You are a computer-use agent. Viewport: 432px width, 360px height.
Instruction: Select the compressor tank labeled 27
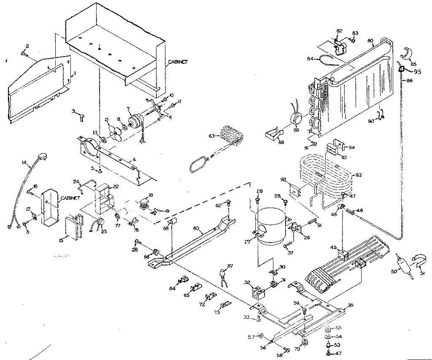(x=271, y=227)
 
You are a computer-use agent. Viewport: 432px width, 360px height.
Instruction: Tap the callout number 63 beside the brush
(x=211, y=135)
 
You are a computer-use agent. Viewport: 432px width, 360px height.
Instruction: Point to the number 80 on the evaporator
(x=370, y=41)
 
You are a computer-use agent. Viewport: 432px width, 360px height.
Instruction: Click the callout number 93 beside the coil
(x=359, y=175)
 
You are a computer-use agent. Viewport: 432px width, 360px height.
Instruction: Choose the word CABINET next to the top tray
(x=178, y=62)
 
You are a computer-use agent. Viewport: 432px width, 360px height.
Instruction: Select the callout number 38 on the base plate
(x=350, y=305)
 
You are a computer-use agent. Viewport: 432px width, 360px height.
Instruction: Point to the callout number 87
(x=230, y=265)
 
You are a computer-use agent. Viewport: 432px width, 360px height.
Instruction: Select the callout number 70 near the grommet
(x=297, y=349)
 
